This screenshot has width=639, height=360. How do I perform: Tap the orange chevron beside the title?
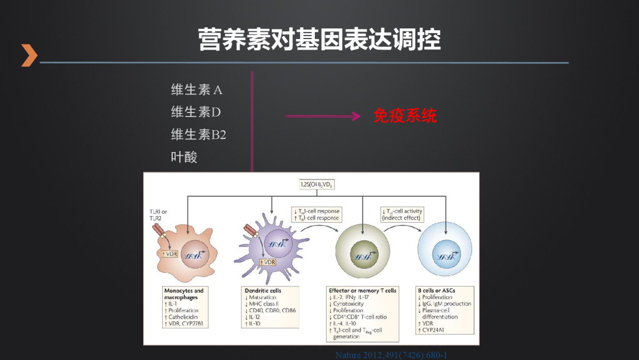[x=29, y=55]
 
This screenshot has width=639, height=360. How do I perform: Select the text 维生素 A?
[x=196, y=90]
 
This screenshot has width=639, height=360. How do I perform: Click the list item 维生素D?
[x=196, y=112]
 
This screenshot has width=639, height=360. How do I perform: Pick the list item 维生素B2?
[x=198, y=134]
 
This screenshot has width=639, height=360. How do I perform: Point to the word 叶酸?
[x=184, y=157]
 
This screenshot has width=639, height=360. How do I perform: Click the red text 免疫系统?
[x=405, y=115]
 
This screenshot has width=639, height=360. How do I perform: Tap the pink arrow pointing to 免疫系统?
[x=323, y=116]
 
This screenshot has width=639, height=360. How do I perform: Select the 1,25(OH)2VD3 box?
[x=317, y=185]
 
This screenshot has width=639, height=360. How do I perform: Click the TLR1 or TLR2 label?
[x=159, y=214]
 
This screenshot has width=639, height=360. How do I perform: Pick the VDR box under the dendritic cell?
[x=268, y=262]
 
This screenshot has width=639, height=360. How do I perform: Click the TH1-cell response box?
[x=317, y=214]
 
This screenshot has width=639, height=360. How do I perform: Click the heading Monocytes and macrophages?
[x=183, y=294]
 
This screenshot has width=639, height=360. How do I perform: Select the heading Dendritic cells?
[x=263, y=291]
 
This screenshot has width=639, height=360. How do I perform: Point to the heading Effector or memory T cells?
[x=362, y=291]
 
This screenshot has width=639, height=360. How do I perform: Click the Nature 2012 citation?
[x=390, y=355]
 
